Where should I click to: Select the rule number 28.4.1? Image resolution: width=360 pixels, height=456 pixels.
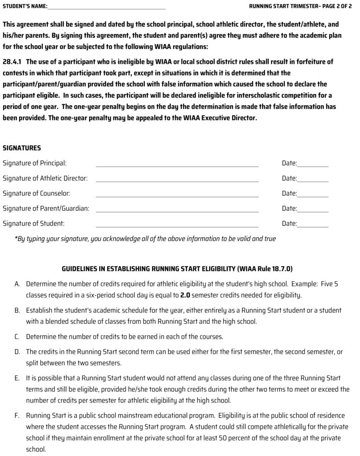coord(12,62)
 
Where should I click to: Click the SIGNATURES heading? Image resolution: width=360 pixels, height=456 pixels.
coord(22,148)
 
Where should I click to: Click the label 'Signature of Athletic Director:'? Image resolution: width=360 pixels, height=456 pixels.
coord(45,179)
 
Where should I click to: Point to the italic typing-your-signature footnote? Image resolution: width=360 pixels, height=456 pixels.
coord(145,239)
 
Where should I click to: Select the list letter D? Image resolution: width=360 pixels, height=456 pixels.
coord(17,351)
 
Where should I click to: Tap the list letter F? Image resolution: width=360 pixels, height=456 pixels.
coord(17,416)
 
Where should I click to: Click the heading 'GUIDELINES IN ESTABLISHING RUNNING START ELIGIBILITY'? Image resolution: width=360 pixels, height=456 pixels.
coord(149,269)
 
